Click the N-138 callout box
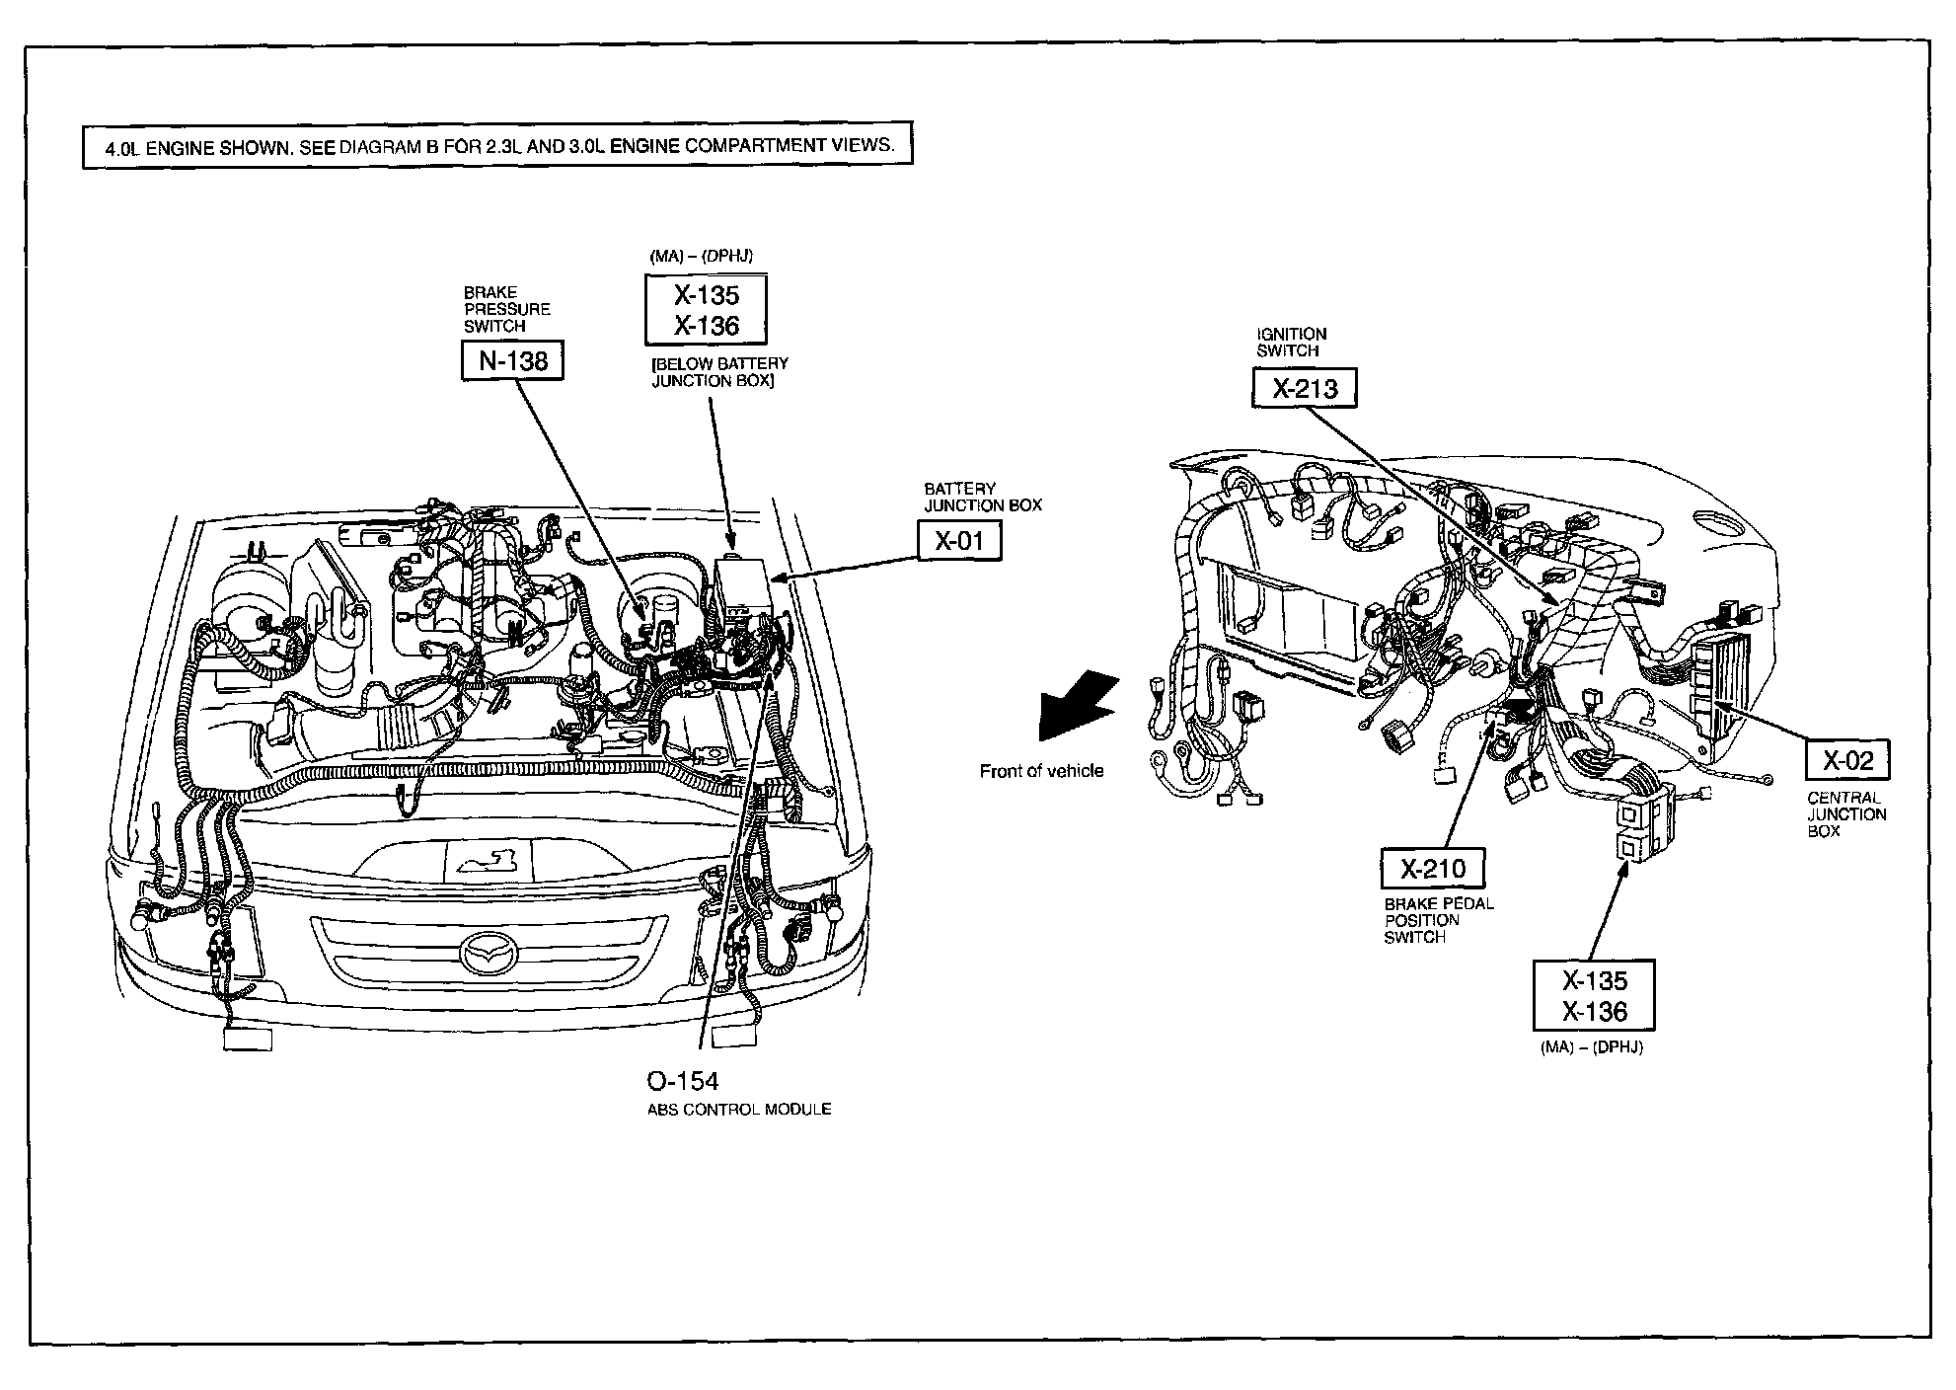click(512, 360)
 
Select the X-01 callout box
click(959, 540)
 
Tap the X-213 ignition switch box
click(1304, 388)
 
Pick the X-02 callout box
click(1846, 760)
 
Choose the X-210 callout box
click(1433, 869)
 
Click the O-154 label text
click(683, 1080)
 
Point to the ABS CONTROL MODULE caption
click(739, 1110)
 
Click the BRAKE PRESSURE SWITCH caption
click(507, 309)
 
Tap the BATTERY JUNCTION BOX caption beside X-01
click(982, 497)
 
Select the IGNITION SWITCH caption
click(1291, 342)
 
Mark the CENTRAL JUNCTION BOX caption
click(1846, 814)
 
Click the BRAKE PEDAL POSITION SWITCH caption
click(1438, 920)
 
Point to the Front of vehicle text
click(1041, 771)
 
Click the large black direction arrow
click(1077, 704)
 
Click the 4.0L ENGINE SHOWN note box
click(497, 145)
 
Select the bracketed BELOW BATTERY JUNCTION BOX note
click(719, 372)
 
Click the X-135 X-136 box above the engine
click(706, 310)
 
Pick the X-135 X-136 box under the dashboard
click(1594, 996)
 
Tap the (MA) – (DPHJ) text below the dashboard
click(1591, 1047)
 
